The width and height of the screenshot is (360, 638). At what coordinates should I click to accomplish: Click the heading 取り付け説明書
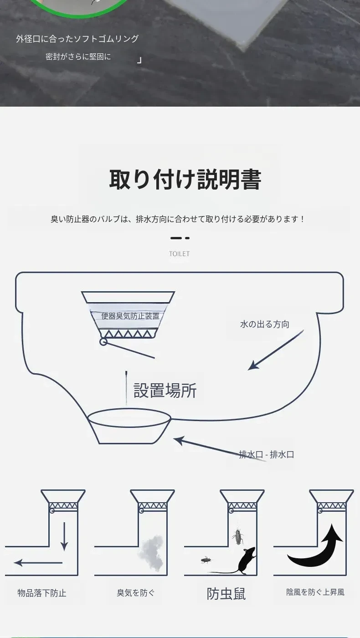[185, 180]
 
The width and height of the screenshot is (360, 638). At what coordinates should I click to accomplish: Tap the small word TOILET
[179, 254]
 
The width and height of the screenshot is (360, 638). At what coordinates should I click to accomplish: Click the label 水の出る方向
[265, 324]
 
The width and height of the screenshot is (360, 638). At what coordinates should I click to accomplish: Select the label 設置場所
[165, 390]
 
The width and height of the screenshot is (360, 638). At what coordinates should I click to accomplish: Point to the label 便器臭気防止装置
[130, 316]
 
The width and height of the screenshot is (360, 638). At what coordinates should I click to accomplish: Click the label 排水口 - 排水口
[266, 454]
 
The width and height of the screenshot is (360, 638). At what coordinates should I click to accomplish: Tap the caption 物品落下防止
[42, 593]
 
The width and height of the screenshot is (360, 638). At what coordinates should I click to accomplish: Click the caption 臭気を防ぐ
[136, 593]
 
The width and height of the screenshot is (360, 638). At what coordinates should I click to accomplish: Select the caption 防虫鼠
[226, 593]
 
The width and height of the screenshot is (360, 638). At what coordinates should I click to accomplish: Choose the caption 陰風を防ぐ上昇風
[315, 592]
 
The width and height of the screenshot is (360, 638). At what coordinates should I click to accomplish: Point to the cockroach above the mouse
[238, 536]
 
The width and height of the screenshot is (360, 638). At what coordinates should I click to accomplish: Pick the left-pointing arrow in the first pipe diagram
[38, 563]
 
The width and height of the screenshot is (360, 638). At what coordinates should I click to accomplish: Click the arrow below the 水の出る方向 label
[276, 350]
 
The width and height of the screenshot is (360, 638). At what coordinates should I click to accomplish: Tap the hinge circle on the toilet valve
[103, 341]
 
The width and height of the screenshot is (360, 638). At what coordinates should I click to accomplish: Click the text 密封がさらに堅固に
[78, 57]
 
